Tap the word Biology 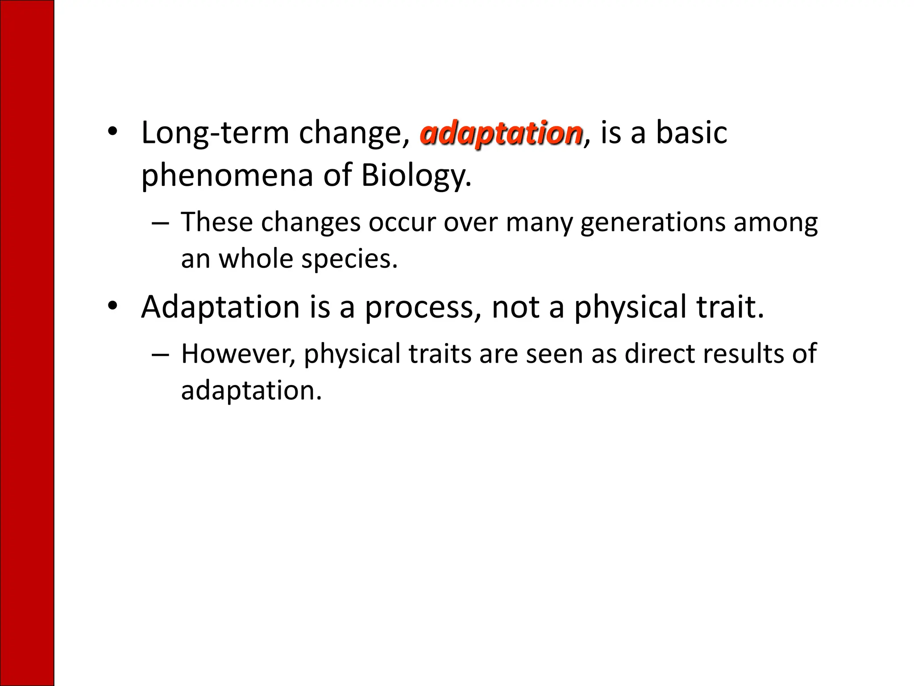click(415, 175)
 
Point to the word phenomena click(228, 175)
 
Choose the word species click(349, 259)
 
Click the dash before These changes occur click(160, 223)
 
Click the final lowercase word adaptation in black click(250, 390)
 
